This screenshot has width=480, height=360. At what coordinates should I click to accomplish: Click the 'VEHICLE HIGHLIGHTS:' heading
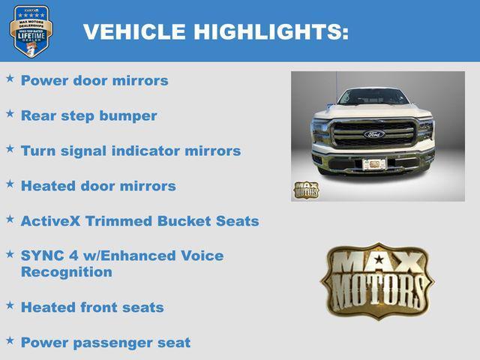tap(215, 31)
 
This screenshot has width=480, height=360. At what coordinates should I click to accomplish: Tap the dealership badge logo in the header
tap(31, 31)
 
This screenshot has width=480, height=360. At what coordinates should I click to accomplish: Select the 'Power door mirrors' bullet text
tap(94, 80)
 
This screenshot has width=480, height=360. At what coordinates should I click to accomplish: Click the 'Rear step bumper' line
tap(88, 115)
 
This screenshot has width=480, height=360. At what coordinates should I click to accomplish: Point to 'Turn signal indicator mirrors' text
tap(130, 151)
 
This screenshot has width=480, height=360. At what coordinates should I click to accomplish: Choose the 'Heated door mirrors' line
tap(98, 186)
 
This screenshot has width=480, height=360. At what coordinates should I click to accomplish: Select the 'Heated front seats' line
tap(91, 307)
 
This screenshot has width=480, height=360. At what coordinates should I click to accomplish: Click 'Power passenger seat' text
tap(105, 343)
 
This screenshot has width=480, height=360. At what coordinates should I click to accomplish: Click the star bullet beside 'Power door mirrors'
tap(10, 78)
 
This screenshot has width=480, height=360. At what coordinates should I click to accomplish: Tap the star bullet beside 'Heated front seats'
tap(10, 305)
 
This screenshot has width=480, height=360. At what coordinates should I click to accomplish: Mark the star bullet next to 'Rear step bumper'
tap(10, 113)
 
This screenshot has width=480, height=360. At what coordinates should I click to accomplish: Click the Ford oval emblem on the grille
tap(373, 134)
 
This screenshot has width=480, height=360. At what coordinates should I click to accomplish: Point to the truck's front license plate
tap(373, 163)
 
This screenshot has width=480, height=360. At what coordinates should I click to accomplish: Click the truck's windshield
tap(373, 97)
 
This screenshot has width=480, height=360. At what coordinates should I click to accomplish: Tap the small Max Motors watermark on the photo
tap(305, 190)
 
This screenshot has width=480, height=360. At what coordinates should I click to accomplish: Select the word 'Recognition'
tap(66, 271)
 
